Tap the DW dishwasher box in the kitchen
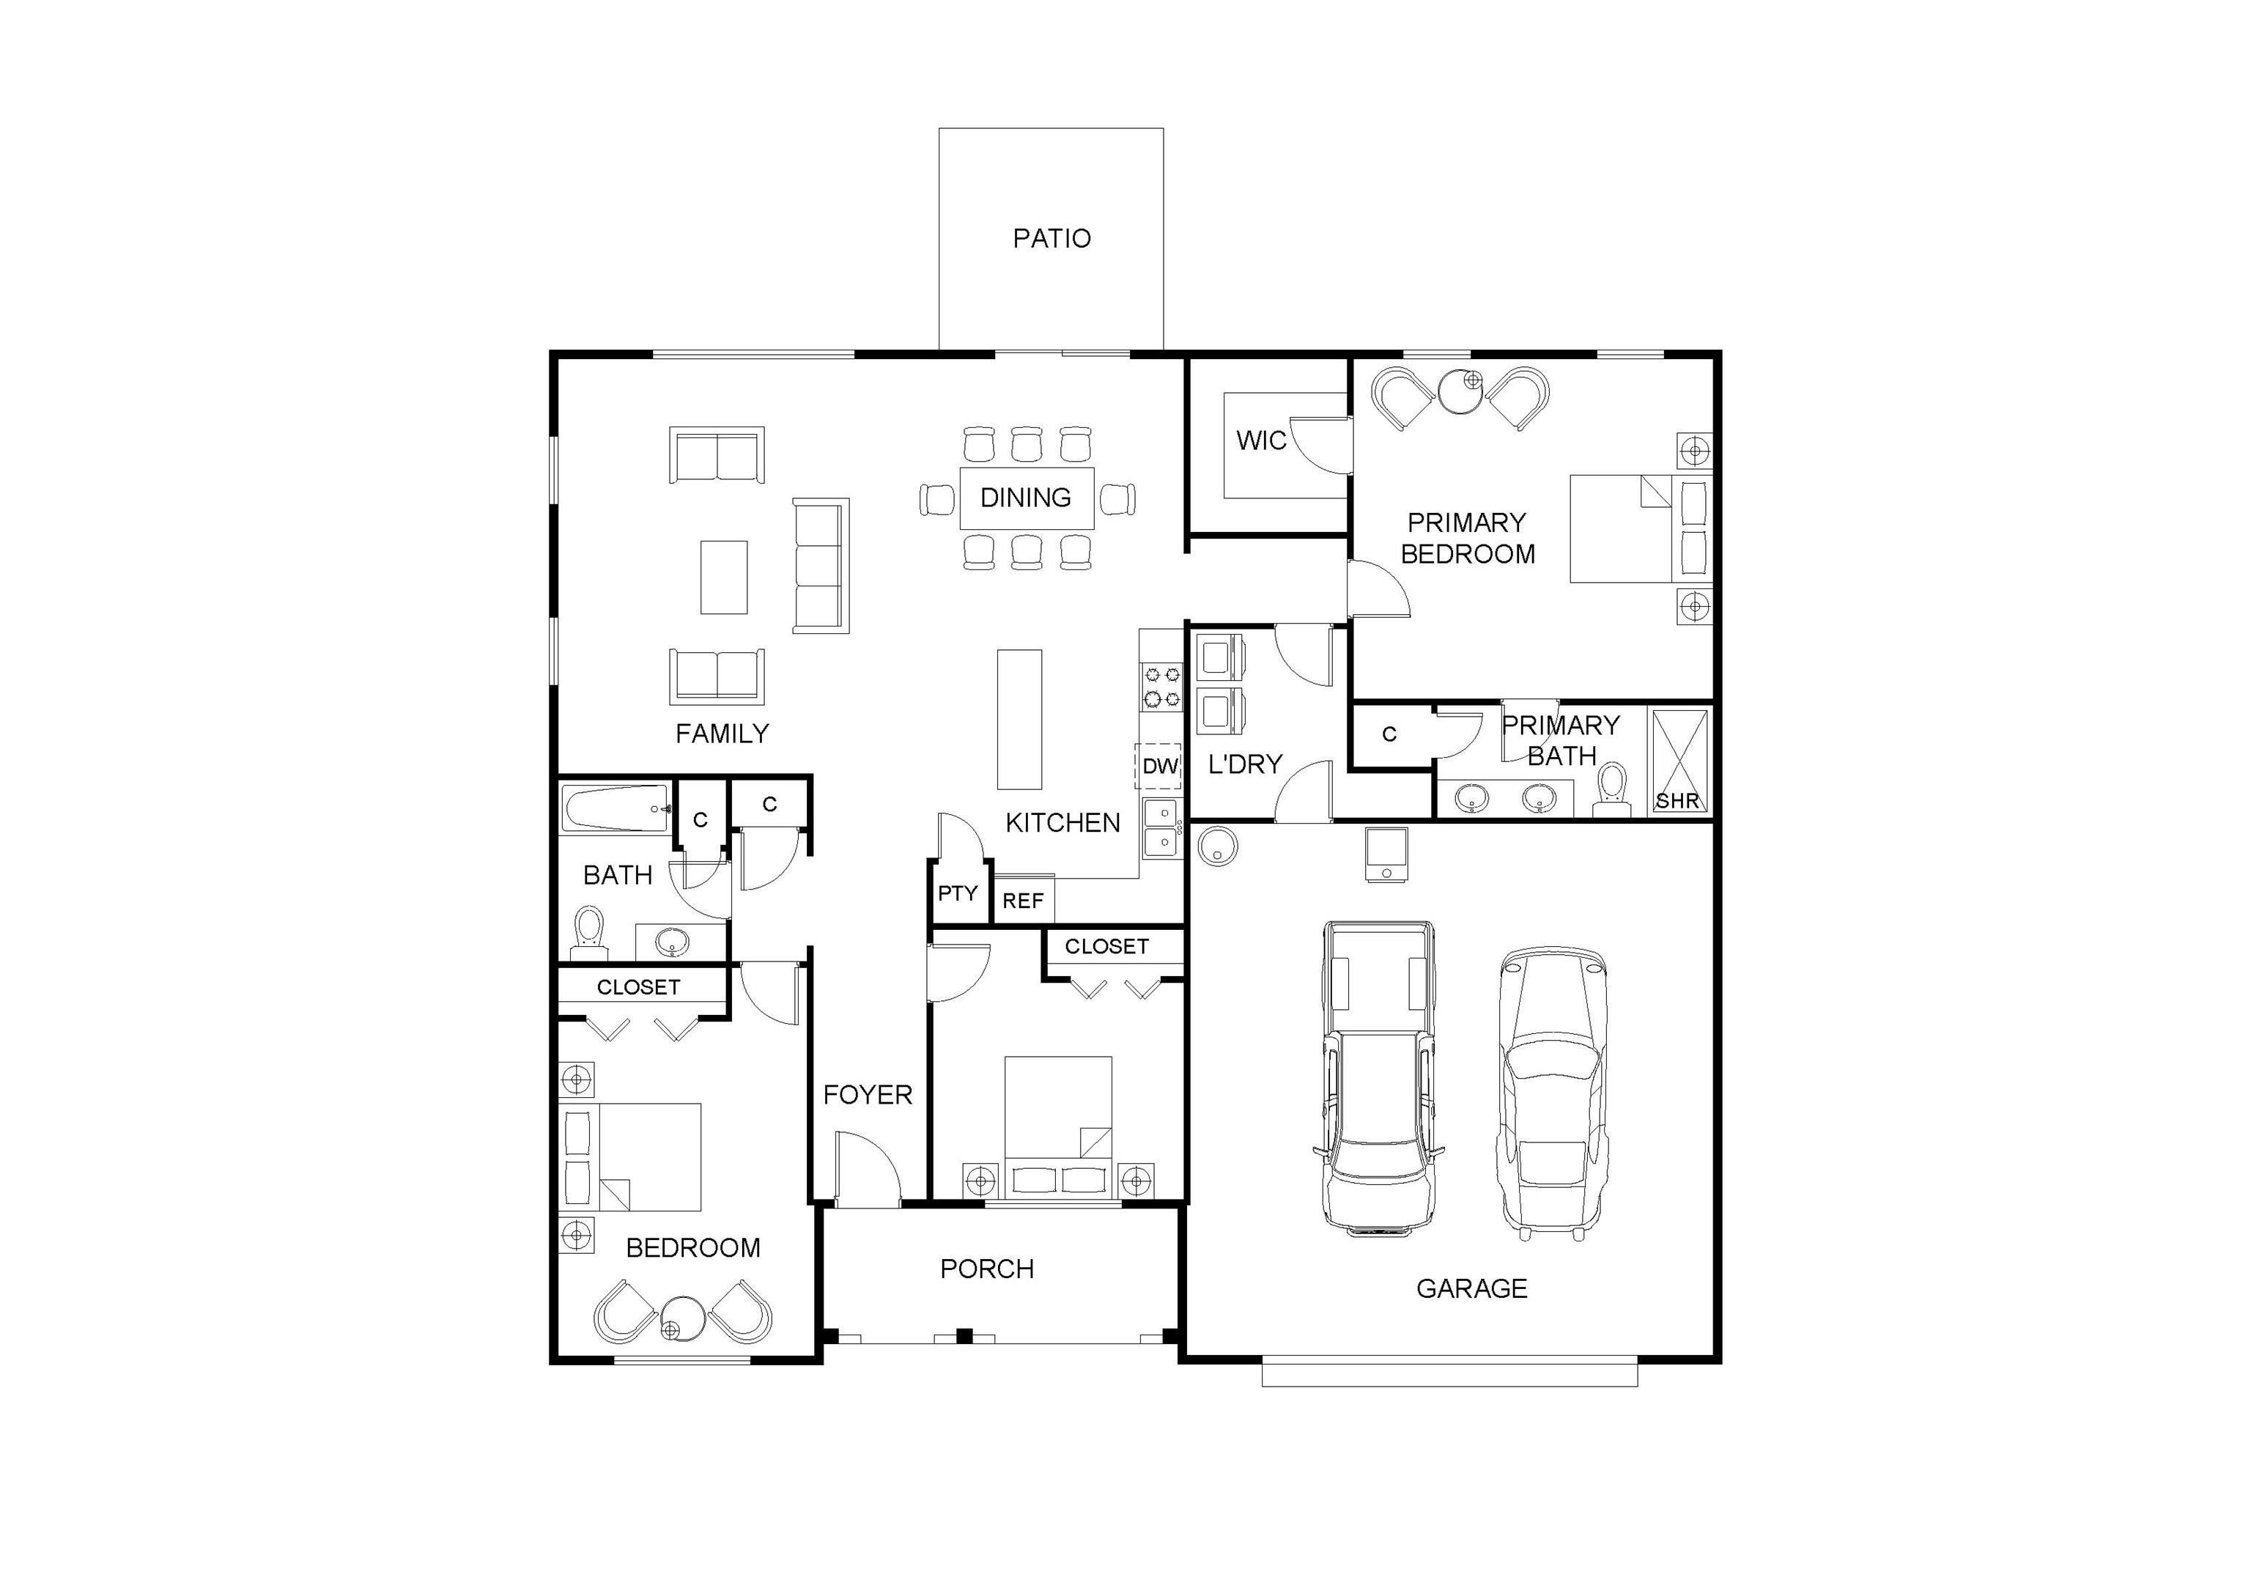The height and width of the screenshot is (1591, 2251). [1160, 766]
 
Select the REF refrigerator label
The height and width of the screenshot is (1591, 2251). [1023, 901]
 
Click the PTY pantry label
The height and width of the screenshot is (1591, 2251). [958, 893]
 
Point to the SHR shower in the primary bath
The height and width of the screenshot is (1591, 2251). [1679, 761]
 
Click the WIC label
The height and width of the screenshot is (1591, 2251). [1261, 441]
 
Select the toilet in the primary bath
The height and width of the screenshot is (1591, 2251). [1611, 790]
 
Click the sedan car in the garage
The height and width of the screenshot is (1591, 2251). [1553, 1093]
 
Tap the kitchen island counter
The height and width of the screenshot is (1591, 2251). [1019, 718]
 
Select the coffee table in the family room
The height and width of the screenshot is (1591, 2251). [723, 577]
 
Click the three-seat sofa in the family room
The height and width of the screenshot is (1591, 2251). [821, 566]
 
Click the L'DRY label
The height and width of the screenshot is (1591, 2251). [1245, 764]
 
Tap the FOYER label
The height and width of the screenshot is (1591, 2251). [868, 1095]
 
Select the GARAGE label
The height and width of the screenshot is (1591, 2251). [1471, 1288]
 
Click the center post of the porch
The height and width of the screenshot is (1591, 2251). [964, 1335]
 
